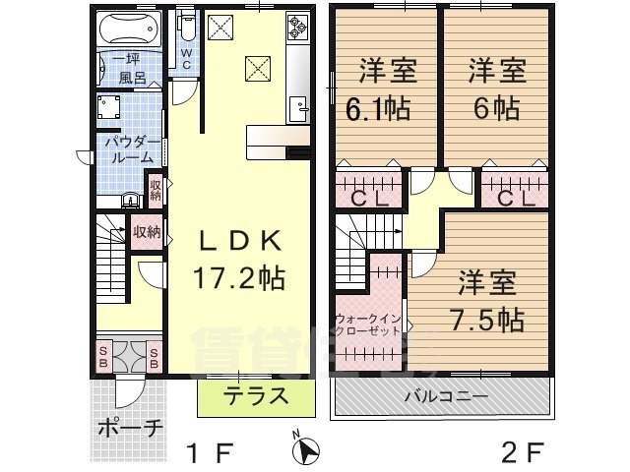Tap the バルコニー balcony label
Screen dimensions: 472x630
(x=440, y=396)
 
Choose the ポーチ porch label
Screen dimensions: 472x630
(x=131, y=429)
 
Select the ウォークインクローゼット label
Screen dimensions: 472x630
(x=367, y=325)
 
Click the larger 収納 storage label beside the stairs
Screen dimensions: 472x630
(x=147, y=232)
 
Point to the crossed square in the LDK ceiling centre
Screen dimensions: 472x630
(x=258, y=68)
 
